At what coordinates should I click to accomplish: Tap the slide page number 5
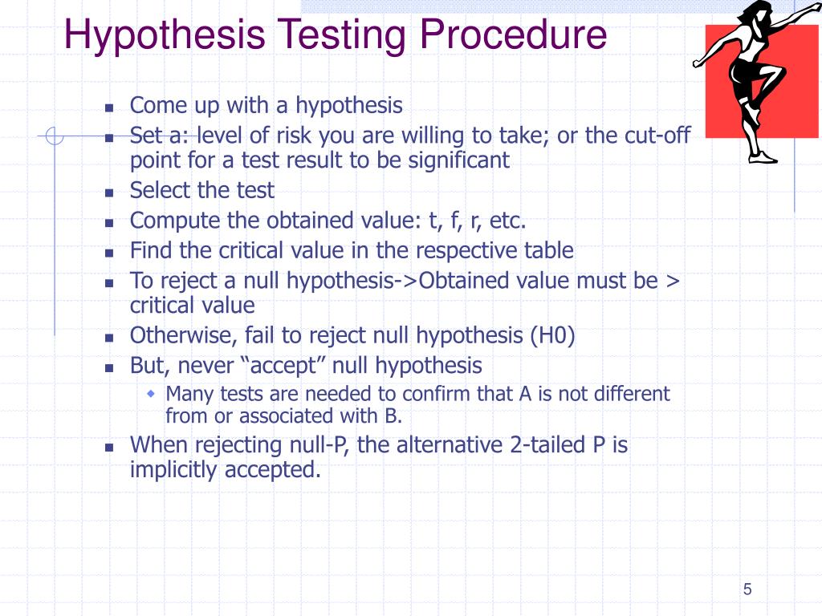(x=747, y=590)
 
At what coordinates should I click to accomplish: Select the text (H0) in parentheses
(x=552, y=336)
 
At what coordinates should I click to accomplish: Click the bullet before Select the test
(x=109, y=192)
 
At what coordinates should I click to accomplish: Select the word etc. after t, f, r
(x=507, y=221)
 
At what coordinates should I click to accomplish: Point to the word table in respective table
(x=550, y=251)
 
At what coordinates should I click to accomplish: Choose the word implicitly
(x=174, y=470)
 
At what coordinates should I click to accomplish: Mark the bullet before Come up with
(x=109, y=107)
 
